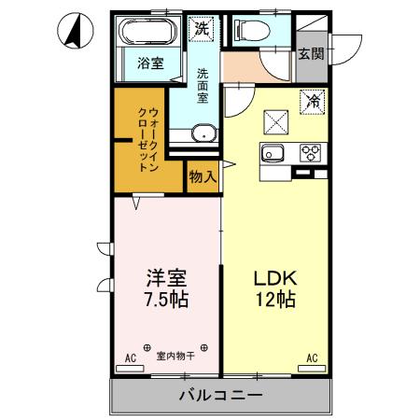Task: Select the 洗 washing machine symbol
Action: [x=202, y=29]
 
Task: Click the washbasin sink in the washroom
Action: [x=203, y=132]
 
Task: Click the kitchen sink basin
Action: [x=275, y=154]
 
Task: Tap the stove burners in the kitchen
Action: [x=310, y=152]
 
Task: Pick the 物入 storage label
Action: [x=203, y=175]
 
